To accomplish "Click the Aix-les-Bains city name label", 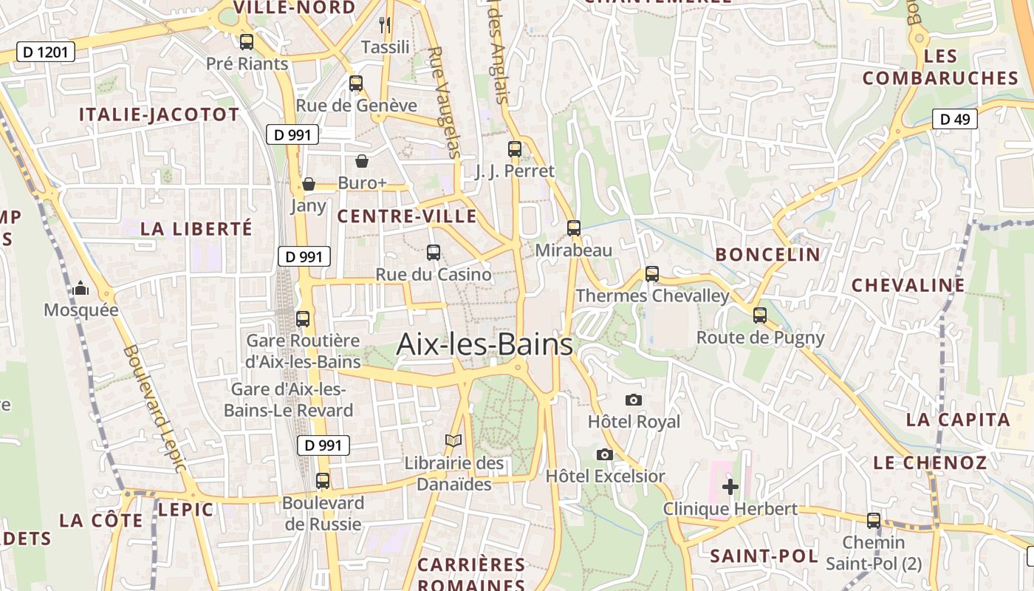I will [x=485, y=344].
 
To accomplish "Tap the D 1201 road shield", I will [x=46, y=52].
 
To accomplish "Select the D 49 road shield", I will [x=954, y=119].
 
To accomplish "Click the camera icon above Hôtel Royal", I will [x=633, y=400].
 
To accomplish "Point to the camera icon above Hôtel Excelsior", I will [x=605, y=454].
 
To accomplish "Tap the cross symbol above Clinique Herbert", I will [x=730, y=486].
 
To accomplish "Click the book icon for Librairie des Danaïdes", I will [x=453, y=441].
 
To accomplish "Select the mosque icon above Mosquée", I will [x=81, y=288].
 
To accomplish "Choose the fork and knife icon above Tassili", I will [x=385, y=25].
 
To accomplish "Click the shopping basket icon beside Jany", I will [x=309, y=184].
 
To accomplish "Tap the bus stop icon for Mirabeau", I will [x=573, y=228].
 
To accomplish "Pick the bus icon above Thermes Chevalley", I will [x=651, y=274].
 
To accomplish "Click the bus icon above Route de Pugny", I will [x=760, y=315].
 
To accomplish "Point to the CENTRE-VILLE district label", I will [x=407, y=216].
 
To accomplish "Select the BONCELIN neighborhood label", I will [x=767, y=255].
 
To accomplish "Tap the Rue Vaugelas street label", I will [x=443, y=103].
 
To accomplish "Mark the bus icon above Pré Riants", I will [x=247, y=42].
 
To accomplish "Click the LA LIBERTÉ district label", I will [x=196, y=229].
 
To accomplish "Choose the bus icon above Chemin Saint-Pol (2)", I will [x=874, y=520].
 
